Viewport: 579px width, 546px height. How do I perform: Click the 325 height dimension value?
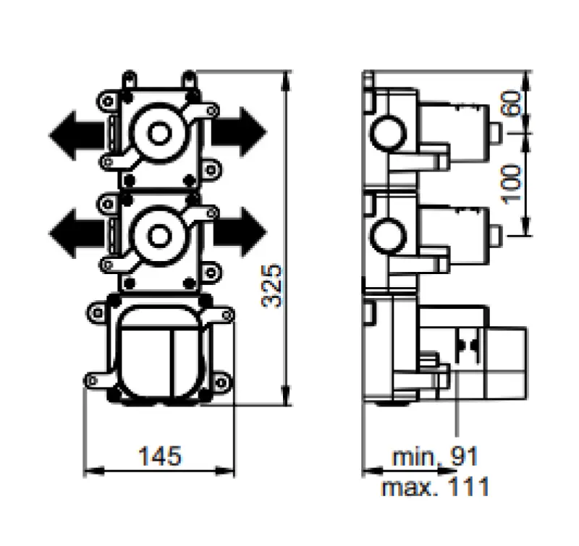coord(271,286)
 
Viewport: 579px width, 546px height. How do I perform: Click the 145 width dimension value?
coord(160,456)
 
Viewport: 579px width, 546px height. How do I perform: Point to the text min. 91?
coord(435,457)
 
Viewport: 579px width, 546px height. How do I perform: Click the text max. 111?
coord(436,486)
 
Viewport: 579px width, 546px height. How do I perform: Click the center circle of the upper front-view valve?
coord(159,132)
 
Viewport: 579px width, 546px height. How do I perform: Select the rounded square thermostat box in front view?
coord(159,351)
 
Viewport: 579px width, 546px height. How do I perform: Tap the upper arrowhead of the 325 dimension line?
coord(287,77)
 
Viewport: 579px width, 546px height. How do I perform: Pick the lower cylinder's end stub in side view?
coord(495,234)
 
